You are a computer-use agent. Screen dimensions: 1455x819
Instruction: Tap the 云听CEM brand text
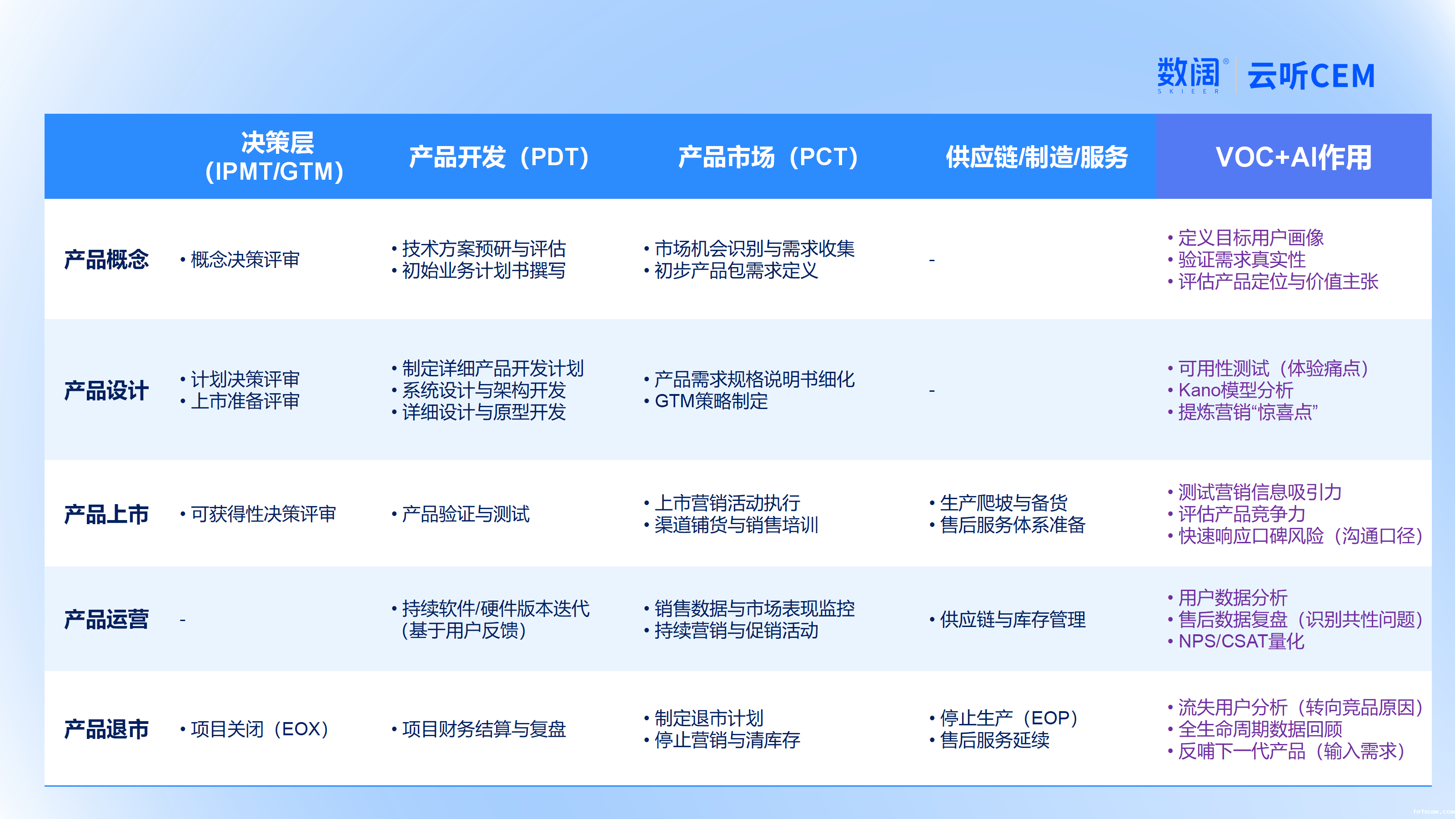coord(1311,76)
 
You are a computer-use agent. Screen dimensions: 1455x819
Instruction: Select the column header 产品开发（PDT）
coord(499,157)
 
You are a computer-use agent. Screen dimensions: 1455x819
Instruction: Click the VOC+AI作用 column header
coord(1294,157)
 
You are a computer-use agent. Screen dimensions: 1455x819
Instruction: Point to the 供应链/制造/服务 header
coord(1037,157)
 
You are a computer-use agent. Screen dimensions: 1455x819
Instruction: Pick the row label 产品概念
coord(106,259)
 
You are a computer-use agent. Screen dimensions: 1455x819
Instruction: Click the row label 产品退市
coord(106,729)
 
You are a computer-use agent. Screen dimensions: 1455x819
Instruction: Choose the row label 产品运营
coord(106,619)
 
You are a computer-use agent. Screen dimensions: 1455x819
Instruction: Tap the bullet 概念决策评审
coord(240,259)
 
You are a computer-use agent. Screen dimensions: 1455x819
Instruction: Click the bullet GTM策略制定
coord(706,401)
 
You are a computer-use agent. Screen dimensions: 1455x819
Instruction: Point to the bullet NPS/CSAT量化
coord(1236,642)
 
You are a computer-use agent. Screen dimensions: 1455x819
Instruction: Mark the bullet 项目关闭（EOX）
coord(254,729)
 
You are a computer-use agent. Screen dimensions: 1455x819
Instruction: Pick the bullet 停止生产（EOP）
coord(1003,718)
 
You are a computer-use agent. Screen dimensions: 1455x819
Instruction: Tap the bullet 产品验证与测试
coord(460,514)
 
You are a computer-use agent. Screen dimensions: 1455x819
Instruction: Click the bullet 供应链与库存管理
coord(1007,619)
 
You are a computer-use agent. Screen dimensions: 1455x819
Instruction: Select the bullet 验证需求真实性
coord(1236,259)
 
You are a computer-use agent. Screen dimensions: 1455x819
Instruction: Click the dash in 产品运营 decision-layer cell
coord(182,620)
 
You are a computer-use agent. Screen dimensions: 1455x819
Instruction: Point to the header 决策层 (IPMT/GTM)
coord(275,157)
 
